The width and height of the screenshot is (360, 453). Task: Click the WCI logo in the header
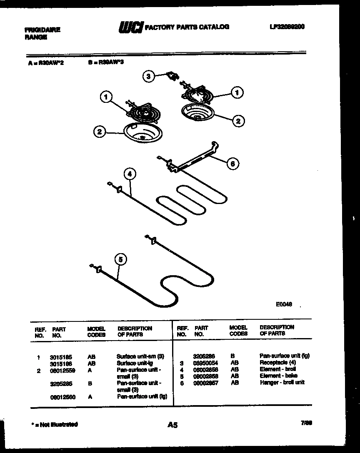[x=130, y=27]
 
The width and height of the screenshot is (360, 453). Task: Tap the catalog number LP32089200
[x=287, y=27]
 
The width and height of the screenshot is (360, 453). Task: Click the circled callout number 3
[x=149, y=76]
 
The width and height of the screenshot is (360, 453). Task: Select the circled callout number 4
[x=130, y=174]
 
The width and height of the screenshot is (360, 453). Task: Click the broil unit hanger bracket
[x=194, y=158]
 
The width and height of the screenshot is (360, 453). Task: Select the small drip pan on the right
[x=197, y=113]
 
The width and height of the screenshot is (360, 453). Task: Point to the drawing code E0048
[x=283, y=304]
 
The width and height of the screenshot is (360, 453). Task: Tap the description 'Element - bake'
[x=278, y=376]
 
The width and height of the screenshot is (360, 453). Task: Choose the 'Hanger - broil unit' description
[x=282, y=382]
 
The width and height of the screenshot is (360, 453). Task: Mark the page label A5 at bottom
[x=172, y=425]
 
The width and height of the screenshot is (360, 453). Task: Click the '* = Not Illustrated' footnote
[x=55, y=424]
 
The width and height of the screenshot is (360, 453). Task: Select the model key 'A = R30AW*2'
[x=46, y=63]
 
